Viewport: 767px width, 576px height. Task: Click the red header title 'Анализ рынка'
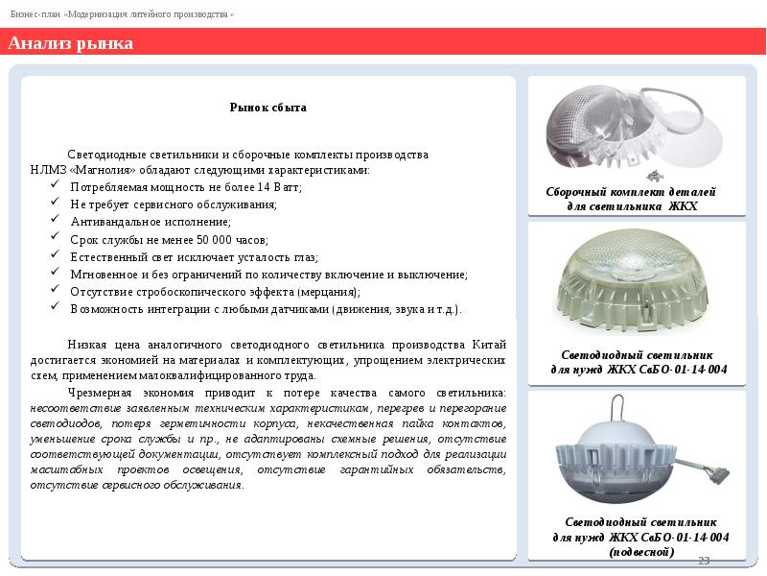pos(71,44)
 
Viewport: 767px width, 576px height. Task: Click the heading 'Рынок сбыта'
pos(267,108)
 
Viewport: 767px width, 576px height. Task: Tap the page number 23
pos(703,561)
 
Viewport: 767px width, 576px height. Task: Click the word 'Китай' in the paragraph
pos(489,344)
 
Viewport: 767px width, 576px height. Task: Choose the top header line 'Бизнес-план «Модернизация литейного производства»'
pos(123,15)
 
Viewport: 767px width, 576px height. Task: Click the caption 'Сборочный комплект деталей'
pos(637,193)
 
